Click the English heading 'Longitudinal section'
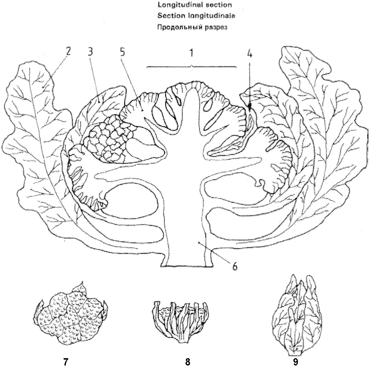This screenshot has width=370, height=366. [x=194, y=5]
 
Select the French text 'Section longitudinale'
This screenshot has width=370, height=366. [x=196, y=16]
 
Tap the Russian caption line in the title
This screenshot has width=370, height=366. [x=192, y=27]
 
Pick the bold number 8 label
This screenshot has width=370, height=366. [x=187, y=362]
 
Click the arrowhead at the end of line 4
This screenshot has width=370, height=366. [x=250, y=106]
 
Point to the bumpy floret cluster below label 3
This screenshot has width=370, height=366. [x=108, y=139]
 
